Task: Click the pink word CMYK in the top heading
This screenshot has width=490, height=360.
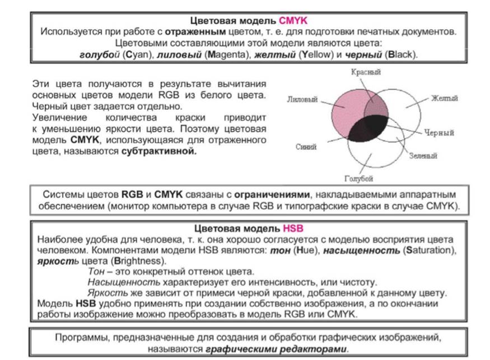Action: [293, 21]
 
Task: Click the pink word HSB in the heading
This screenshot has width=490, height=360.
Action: [293, 228]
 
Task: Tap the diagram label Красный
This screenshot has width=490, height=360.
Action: [366, 72]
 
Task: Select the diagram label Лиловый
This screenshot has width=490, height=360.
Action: [302, 99]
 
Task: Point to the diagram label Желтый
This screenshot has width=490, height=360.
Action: [445, 99]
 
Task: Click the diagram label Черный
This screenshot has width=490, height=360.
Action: [438, 133]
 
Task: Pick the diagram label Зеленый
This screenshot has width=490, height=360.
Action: [423, 156]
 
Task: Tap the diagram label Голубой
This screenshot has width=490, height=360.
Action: [359, 179]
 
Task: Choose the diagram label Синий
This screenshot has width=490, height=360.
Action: [306, 147]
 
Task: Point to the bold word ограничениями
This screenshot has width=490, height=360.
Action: [272, 195]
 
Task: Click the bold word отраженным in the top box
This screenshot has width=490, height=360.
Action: [195, 32]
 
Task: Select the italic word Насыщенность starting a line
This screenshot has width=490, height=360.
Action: [124, 282]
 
